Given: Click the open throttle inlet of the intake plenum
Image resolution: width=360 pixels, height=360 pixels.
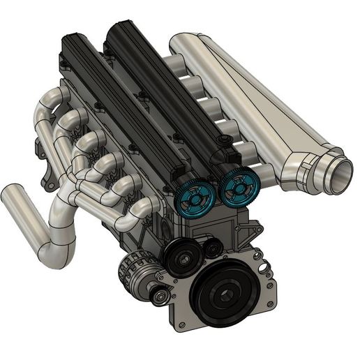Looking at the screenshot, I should point(340,175).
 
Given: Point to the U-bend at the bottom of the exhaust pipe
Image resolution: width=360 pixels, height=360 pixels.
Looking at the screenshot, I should point(59,253).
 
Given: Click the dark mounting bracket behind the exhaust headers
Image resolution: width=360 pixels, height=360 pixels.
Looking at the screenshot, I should point(50,183).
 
